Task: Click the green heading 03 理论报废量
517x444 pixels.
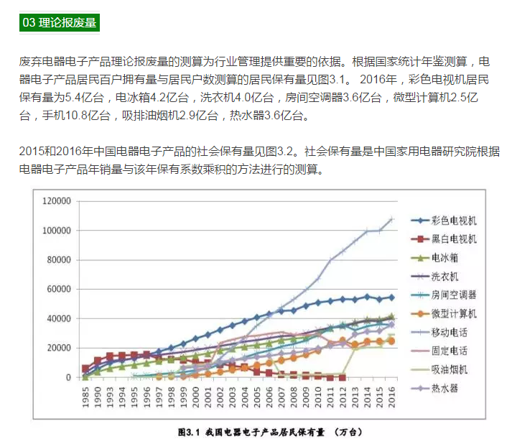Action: [x=59, y=22]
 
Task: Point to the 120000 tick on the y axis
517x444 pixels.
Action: [x=59, y=200]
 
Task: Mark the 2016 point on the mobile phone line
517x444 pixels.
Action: [x=392, y=219]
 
